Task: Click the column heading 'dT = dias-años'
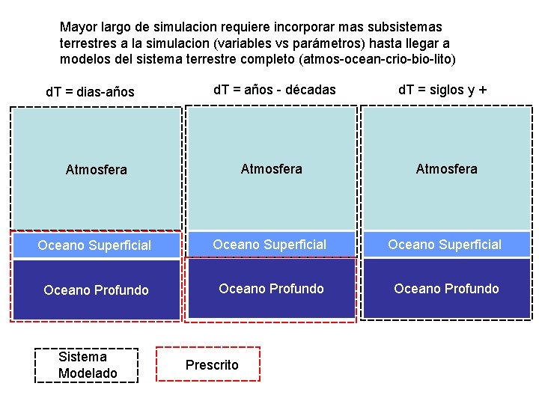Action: (x=90, y=92)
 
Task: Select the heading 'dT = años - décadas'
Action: (x=275, y=90)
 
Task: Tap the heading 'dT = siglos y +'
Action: (x=442, y=90)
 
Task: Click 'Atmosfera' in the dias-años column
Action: (x=97, y=170)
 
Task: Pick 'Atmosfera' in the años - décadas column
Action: (x=272, y=169)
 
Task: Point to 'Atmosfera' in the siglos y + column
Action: (x=447, y=169)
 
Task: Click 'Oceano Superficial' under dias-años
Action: (x=94, y=245)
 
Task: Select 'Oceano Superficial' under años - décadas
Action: (x=269, y=245)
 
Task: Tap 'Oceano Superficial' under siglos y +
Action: (x=445, y=245)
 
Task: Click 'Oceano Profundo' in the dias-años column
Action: (x=97, y=290)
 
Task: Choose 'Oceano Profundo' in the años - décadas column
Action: (x=271, y=289)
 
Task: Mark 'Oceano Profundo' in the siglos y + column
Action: (x=446, y=289)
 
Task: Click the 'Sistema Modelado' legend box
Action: (x=88, y=365)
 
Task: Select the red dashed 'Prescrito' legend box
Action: (x=207, y=364)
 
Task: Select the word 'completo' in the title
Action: (x=262, y=59)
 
